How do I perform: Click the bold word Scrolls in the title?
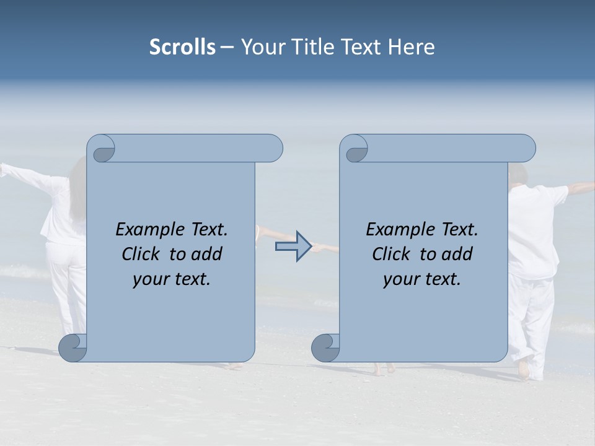pos(182,47)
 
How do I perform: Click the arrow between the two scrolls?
pos(293,246)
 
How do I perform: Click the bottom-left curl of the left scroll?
pos(73,348)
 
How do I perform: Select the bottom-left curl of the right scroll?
pos(325,348)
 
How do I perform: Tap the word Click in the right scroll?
pos(390,254)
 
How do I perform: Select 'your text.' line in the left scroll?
pos(172,279)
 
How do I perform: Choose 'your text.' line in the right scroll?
pos(422,279)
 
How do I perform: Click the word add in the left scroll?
pos(206,254)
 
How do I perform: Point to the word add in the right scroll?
pos(456,254)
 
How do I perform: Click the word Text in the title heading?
pos(362,47)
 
